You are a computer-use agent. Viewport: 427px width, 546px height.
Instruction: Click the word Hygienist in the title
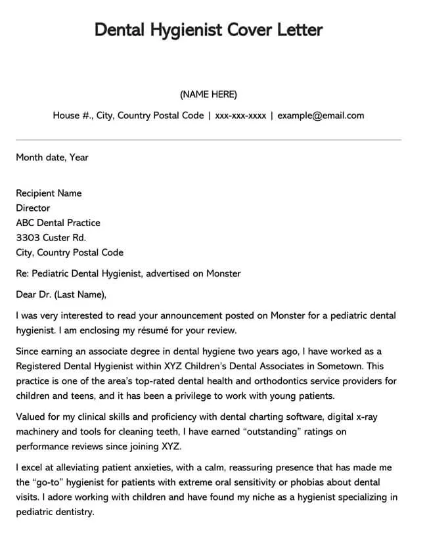[x=177, y=30]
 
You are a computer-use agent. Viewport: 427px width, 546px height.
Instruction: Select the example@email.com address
[x=321, y=116]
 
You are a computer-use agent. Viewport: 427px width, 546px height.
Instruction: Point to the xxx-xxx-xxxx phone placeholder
[x=240, y=116]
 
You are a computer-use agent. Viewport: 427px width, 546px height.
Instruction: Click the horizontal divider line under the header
[x=208, y=140]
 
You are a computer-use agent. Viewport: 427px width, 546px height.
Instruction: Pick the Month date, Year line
[x=52, y=158]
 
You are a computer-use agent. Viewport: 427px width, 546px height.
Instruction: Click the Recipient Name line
[x=49, y=193]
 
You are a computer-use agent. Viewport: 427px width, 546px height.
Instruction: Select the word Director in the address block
[x=33, y=208]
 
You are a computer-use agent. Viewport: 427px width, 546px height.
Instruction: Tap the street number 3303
[x=28, y=238]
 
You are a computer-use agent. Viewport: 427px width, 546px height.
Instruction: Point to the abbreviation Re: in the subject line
[x=22, y=273]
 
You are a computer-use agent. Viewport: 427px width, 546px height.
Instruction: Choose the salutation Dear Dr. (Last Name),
[x=60, y=294]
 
